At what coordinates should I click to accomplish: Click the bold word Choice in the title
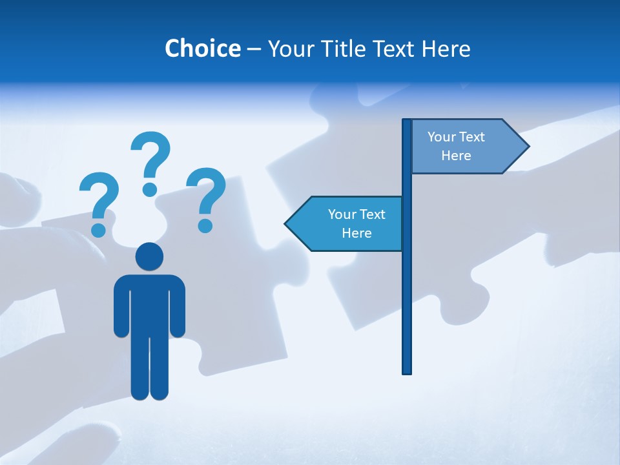pos(202,48)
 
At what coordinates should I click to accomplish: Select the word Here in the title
pos(446,48)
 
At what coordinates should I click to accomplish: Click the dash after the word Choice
pos(254,49)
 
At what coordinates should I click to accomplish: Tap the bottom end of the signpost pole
pos(407,371)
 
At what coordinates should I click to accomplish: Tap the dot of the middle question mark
pos(150,189)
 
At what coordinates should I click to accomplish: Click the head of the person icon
pos(149,257)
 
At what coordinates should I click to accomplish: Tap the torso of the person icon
pos(149,304)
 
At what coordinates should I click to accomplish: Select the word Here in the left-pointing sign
pos(356,233)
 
